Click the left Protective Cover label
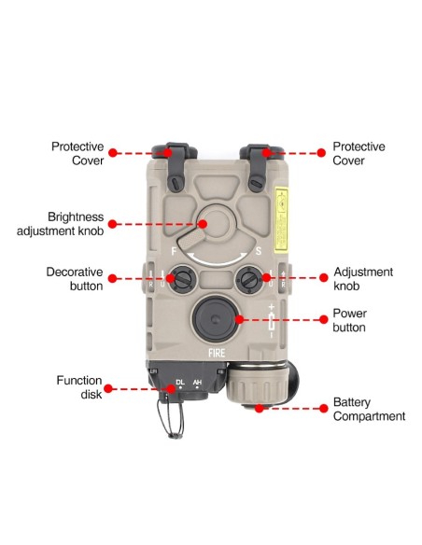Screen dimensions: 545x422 tap(77, 153)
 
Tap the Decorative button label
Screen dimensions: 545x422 tap(74, 278)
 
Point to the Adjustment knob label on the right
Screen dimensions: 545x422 tap(363, 278)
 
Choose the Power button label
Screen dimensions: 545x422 tap(349, 321)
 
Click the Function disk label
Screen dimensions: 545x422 tap(77, 386)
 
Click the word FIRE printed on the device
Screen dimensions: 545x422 tap(215, 354)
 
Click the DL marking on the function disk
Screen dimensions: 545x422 tap(180, 382)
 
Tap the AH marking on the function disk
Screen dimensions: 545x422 tap(197, 382)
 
